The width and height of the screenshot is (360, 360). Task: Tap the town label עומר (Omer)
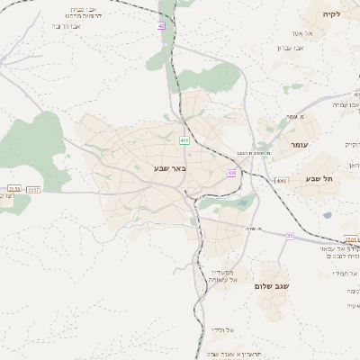point(300,144)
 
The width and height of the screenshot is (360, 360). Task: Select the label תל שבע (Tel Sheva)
point(319,178)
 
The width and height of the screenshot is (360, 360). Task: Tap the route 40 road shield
point(161,27)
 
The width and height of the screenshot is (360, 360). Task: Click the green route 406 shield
point(184,140)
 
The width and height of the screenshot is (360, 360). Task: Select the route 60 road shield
point(231,173)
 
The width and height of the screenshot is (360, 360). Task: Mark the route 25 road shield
point(289,236)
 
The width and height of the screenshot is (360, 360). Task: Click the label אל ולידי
point(223,329)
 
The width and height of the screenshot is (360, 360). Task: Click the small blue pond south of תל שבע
point(328,215)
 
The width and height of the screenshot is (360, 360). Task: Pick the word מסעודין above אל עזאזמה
point(222,271)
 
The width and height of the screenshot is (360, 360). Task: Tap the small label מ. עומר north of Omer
point(298,117)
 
